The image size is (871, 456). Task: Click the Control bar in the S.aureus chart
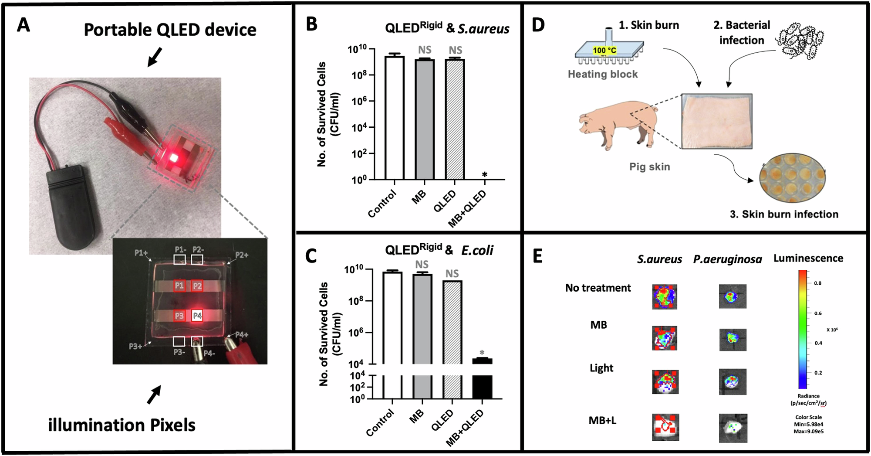pos(395,118)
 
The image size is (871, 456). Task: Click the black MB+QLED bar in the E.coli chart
pos(482,386)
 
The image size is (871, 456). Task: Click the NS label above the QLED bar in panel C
pos(452,274)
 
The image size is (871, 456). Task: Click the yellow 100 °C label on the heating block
pos(604,50)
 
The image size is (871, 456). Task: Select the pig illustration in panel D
pos(618,124)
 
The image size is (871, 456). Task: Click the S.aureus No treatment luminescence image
pos(665,296)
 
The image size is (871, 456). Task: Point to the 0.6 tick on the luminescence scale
pos(818,313)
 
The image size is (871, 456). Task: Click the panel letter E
pos(538,256)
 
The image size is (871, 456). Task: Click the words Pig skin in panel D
pos(649,167)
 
